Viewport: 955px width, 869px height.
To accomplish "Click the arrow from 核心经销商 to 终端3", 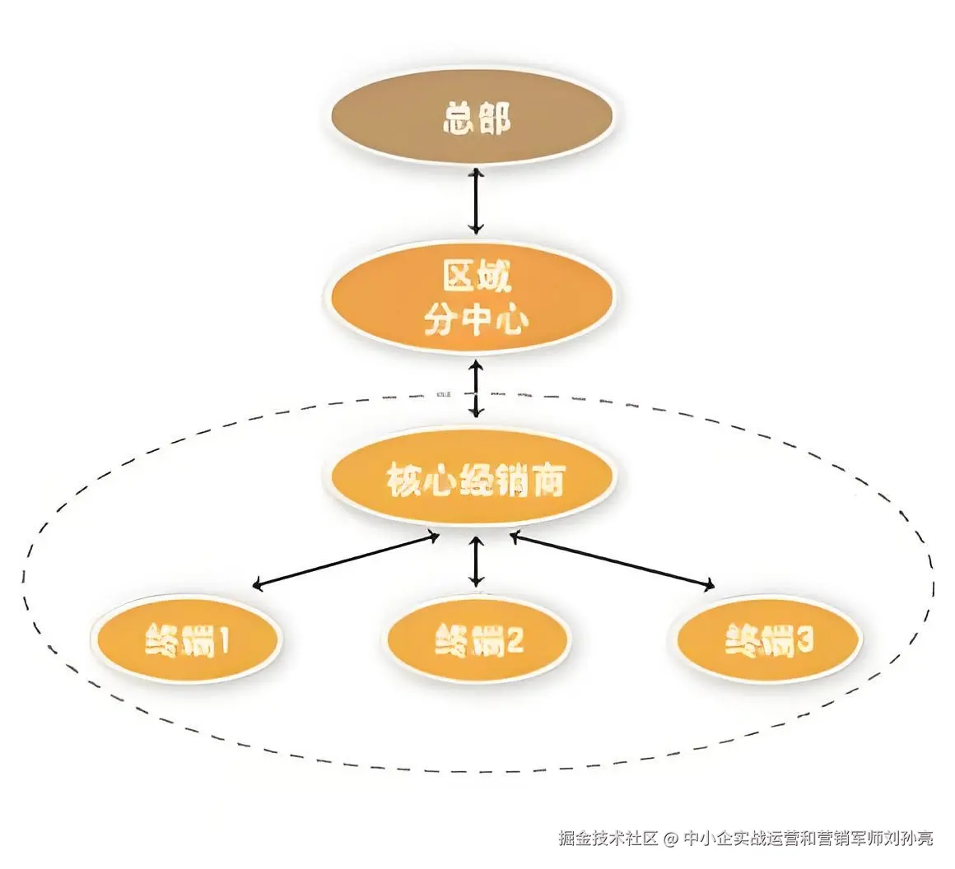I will [x=611, y=561].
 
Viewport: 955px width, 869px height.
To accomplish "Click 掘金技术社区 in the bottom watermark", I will [x=608, y=839].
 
